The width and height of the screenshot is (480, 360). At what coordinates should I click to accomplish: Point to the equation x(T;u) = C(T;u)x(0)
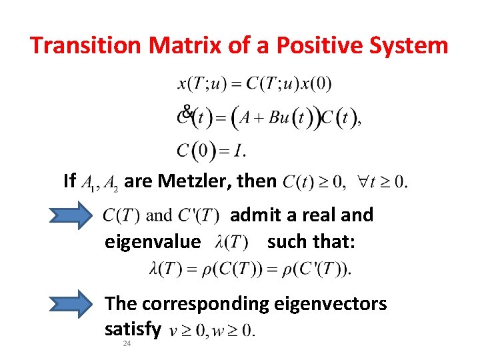[254, 84]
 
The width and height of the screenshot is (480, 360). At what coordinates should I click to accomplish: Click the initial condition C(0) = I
[211, 151]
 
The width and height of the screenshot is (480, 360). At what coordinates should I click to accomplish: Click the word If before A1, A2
[69, 180]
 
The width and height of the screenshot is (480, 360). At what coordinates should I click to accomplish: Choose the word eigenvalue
[152, 241]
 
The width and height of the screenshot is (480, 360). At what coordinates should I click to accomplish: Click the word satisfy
[133, 329]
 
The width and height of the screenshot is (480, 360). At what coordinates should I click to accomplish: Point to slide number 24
[127, 343]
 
